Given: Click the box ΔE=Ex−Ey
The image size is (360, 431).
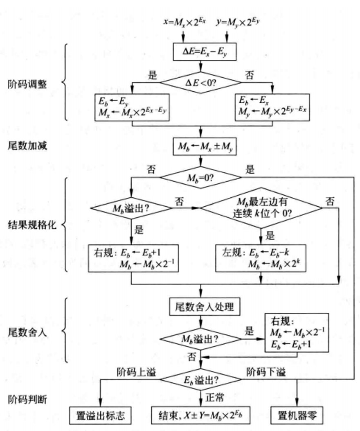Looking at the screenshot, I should pos(200,53).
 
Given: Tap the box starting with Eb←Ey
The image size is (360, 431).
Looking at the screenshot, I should pos(131,107).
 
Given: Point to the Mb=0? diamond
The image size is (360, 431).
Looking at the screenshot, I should pos(200,177).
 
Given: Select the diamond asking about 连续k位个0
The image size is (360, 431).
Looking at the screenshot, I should pos(261,208).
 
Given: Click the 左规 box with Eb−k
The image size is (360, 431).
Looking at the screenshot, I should pos(261,258).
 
